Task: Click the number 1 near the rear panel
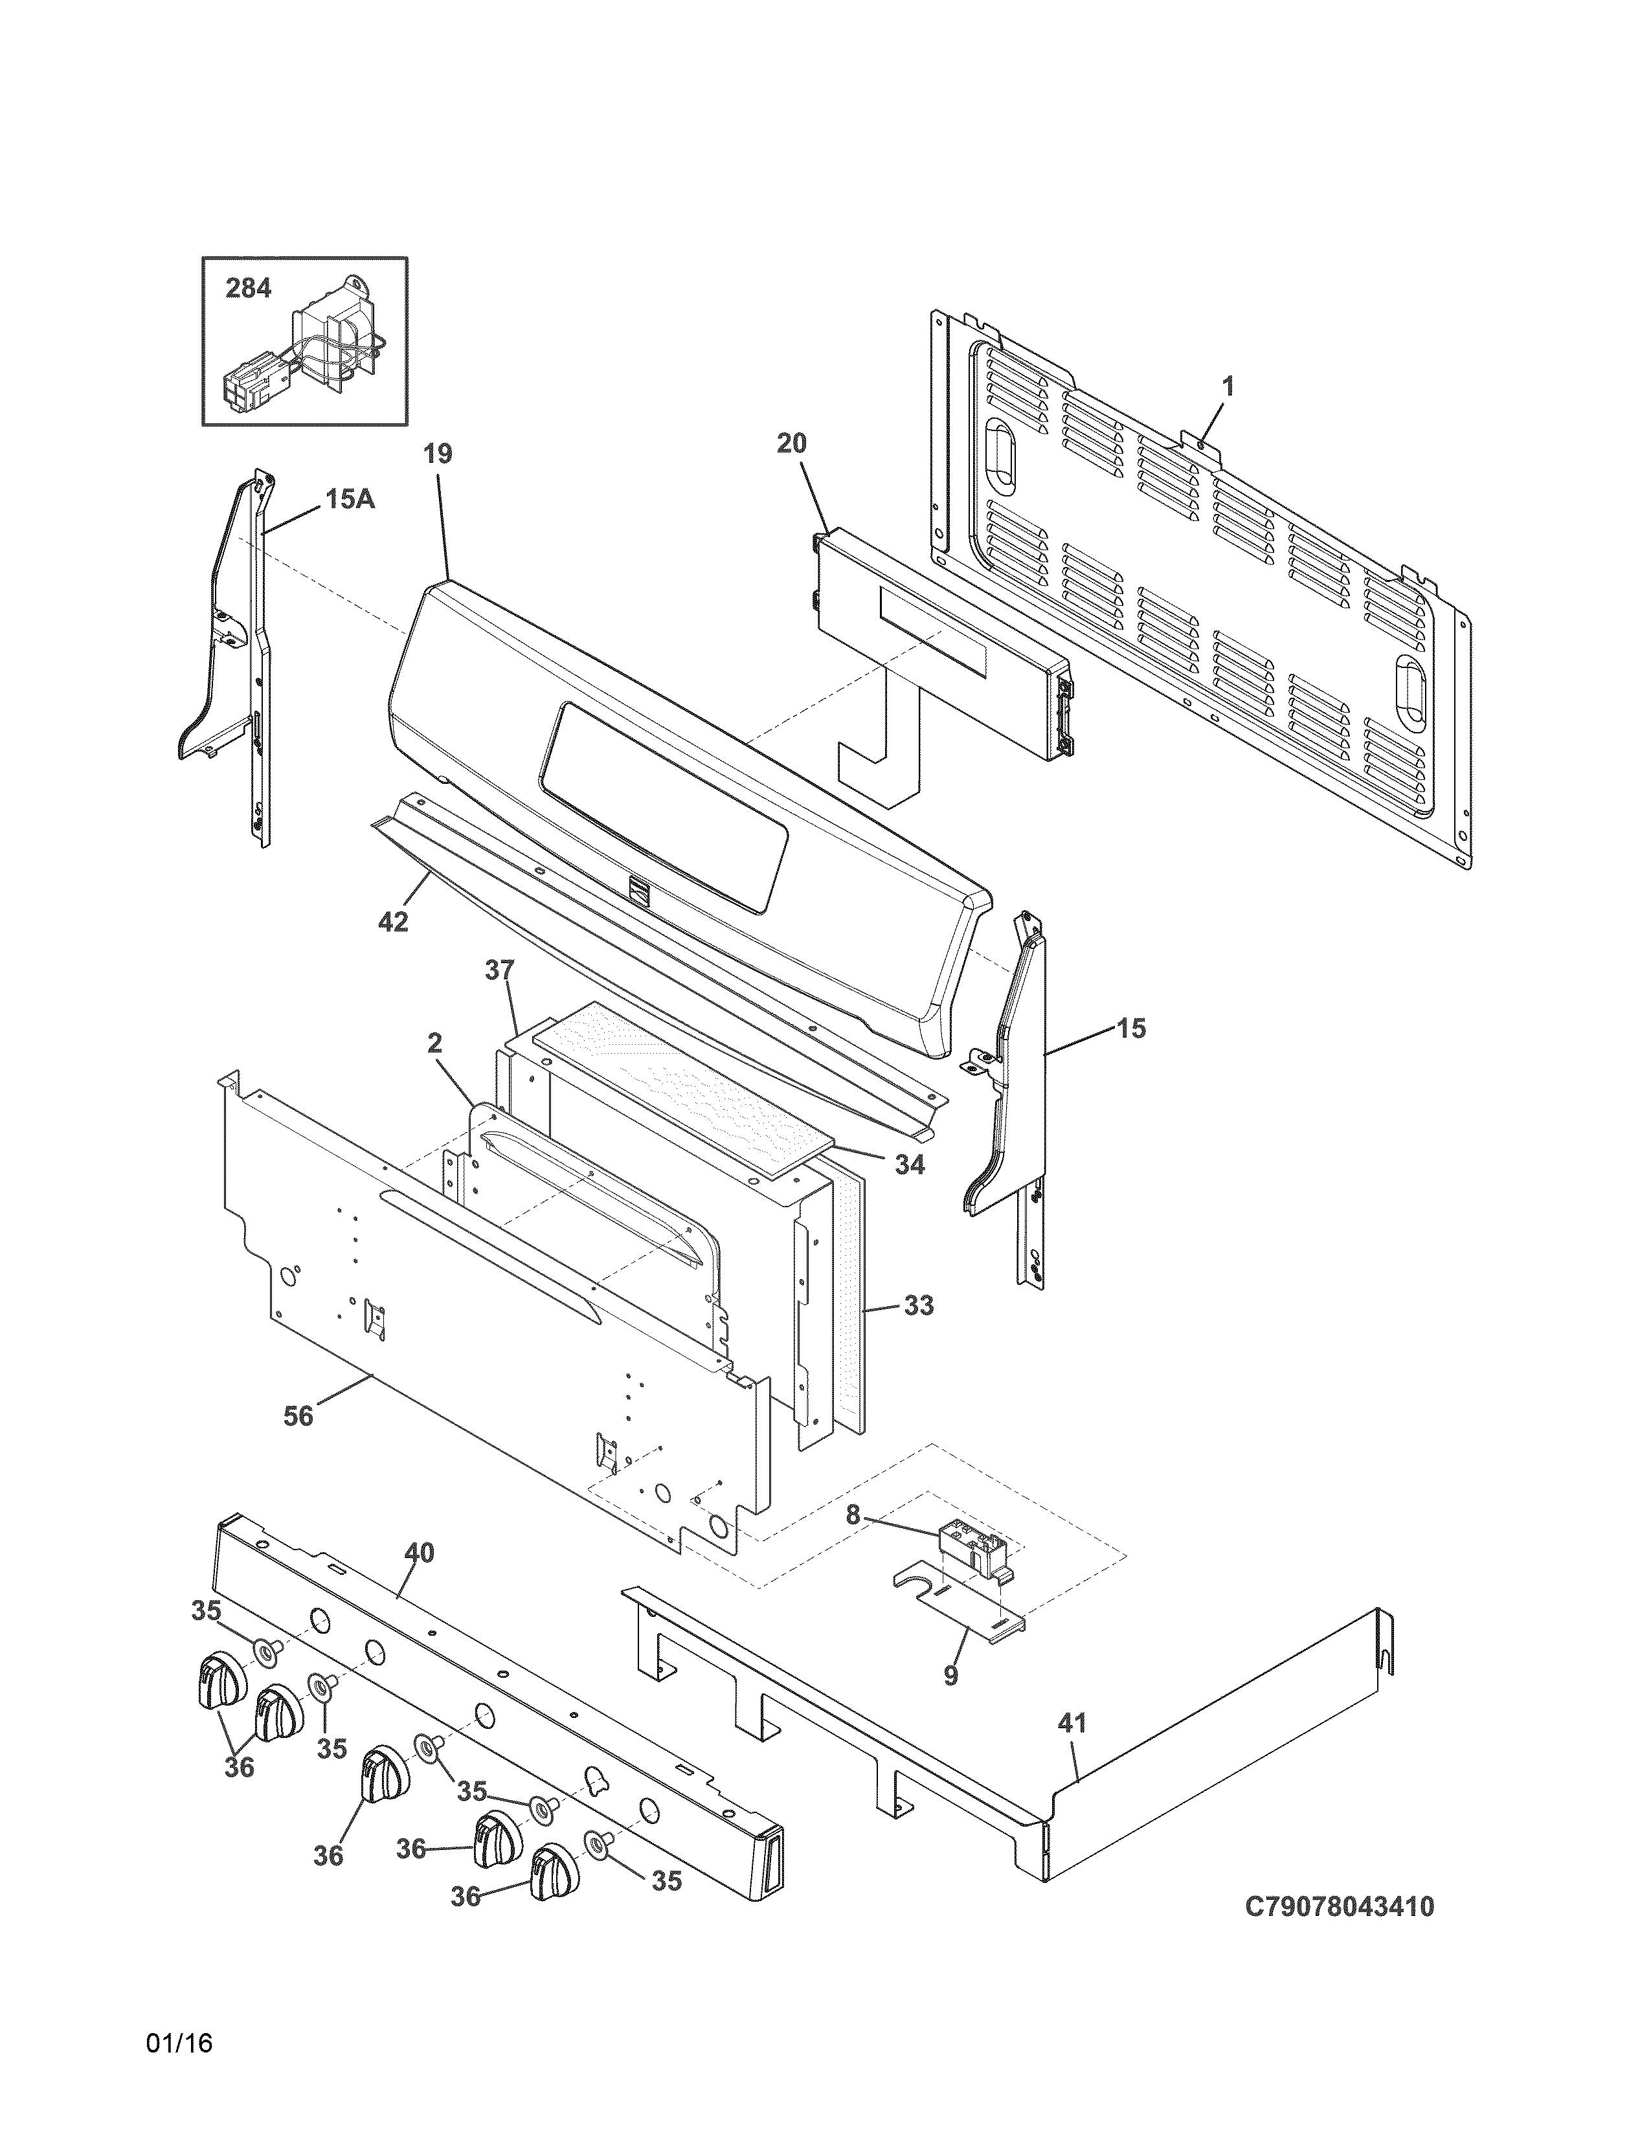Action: (1228, 386)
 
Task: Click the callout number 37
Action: (499, 970)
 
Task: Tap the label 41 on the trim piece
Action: (1072, 1722)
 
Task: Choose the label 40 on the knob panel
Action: (420, 1553)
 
